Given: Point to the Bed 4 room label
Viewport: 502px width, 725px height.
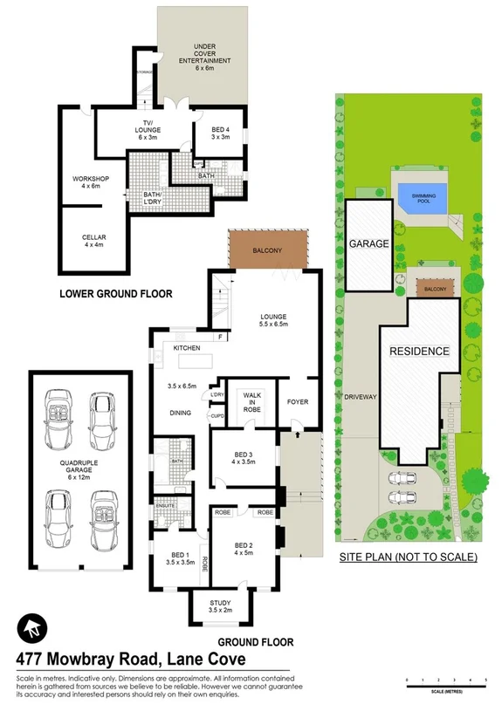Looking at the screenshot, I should point(220,132).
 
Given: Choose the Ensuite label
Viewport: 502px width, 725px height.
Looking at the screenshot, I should point(166,504).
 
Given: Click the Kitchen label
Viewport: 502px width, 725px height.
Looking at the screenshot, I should point(186,348).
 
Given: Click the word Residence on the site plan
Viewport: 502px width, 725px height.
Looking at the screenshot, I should point(419,352).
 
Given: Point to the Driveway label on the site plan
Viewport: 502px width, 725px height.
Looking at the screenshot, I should point(361,396).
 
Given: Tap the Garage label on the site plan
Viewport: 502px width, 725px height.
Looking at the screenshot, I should point(368,244).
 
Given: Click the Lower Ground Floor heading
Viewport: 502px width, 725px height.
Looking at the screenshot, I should point(115,294).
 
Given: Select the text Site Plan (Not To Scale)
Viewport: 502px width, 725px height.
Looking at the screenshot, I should point(408,556).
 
